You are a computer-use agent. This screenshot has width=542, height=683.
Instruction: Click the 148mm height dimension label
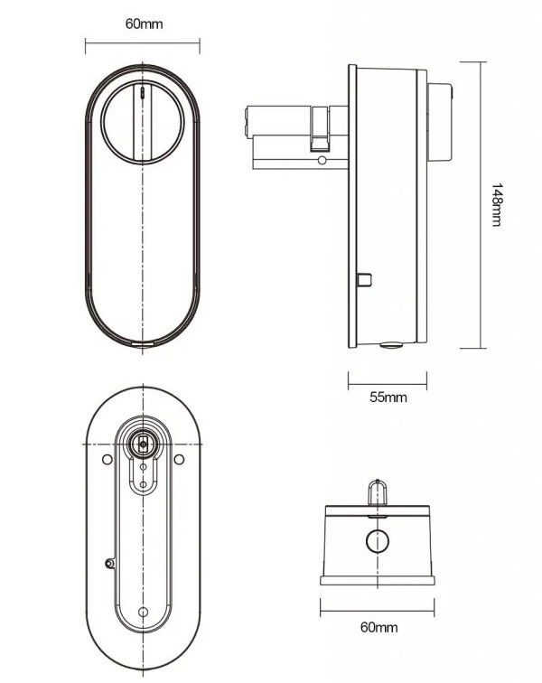497,205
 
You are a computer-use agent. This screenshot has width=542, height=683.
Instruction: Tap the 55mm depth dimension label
388,398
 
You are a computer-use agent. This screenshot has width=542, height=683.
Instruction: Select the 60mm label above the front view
145,23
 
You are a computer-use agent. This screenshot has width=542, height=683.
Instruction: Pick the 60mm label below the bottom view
379,627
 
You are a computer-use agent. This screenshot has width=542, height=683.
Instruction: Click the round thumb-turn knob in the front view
143,122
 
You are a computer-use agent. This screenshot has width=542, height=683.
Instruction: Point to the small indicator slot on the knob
143,93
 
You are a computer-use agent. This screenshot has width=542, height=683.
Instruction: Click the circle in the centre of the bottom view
378,540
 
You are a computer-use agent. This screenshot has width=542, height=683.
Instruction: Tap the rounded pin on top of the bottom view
378,492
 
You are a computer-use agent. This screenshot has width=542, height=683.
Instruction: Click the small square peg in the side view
365,280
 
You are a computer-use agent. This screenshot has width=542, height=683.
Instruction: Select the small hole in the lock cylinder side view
322,160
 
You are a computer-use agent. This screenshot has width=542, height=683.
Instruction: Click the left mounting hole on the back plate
107,459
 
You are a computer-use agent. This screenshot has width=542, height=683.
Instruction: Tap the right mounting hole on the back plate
179,459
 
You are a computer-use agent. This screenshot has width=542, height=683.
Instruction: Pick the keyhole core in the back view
143,444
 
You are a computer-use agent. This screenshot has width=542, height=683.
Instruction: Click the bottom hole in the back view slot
143,612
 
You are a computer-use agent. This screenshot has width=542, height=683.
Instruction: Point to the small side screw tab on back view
110,563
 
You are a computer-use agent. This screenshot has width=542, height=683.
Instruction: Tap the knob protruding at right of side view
440,122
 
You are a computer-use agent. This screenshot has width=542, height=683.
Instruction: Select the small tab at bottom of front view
143,343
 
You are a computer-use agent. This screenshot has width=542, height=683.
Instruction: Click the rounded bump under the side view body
391,345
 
